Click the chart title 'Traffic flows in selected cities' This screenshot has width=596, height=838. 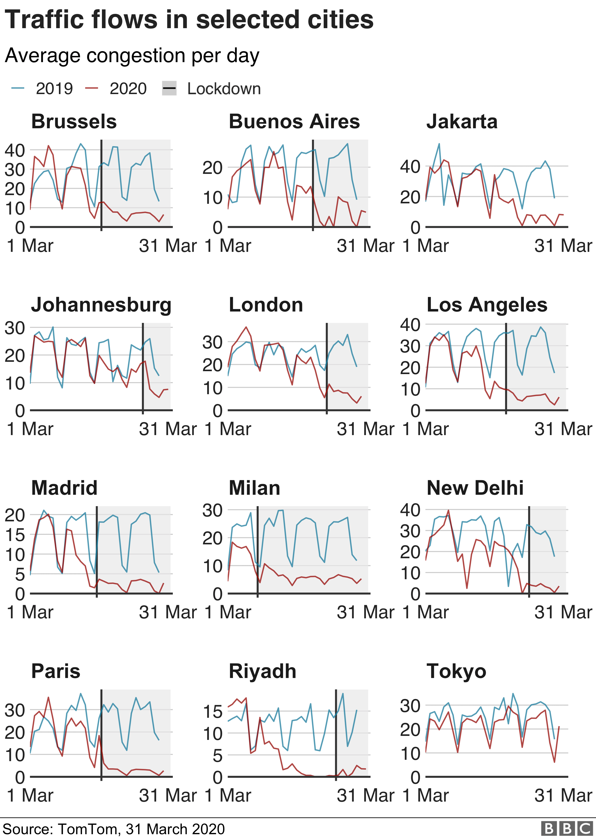pyautogui.click(x=189, y=20)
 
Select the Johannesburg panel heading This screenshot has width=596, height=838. pyautogui.click(x=101, y=305)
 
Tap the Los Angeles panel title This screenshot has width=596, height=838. pyautogui.click(x=487, y=305)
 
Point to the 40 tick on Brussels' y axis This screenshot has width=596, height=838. pyautogui.click(x=15, y=150)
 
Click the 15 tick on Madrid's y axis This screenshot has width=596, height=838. pyautogui.click(x=15, y=535)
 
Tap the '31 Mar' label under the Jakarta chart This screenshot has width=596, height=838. pyautogui.click(x=563, y=246)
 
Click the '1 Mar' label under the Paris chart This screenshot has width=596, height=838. pyautogui.click(x=30, y=796)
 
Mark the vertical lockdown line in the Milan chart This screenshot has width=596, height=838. pyautogui.click(x=258, y=550)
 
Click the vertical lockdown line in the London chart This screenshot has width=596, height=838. pyautogui.click(x=327, y=367)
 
